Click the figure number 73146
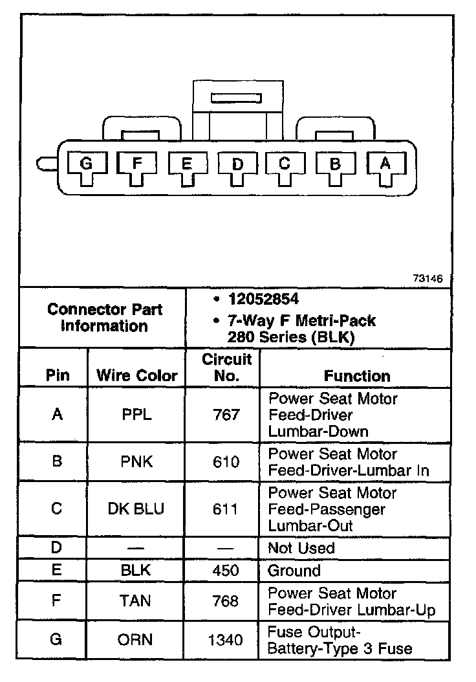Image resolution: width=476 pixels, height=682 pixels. (427, 279)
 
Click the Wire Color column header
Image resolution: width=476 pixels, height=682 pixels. (136, 375)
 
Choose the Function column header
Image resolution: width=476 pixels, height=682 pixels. (357, 376)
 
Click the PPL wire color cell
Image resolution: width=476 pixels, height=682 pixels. (136, 415)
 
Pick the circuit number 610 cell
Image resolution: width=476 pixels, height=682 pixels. (226, 462)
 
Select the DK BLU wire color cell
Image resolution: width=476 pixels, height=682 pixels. (136, 509)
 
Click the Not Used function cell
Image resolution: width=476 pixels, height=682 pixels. (301, 548)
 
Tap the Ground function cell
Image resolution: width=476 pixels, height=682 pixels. (294, 571)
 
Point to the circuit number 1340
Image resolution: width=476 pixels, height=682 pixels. (226, 640)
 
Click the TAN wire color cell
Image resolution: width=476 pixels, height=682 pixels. (136, 601)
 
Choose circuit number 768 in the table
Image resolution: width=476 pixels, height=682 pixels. (226, 601)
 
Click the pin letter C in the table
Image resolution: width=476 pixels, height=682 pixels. (56, 509)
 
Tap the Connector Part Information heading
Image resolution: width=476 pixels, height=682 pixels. (105, 317)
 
